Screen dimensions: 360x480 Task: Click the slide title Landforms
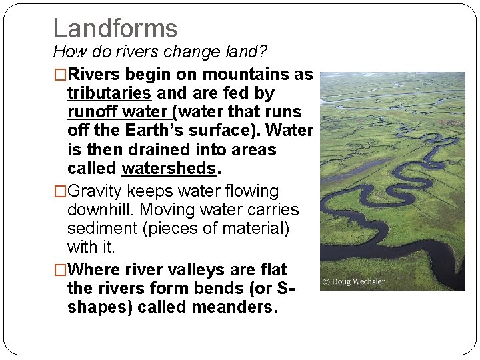coord(115,28)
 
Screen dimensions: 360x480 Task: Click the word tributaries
coord(109,93)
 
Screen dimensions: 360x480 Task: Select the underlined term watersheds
coord(169,168)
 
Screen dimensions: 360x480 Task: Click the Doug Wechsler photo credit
coord(354,281)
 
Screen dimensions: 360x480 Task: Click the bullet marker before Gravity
coord(60,191)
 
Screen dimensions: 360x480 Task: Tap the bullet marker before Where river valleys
coord(60,270)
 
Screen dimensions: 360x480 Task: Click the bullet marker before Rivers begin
coord(60,75)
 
